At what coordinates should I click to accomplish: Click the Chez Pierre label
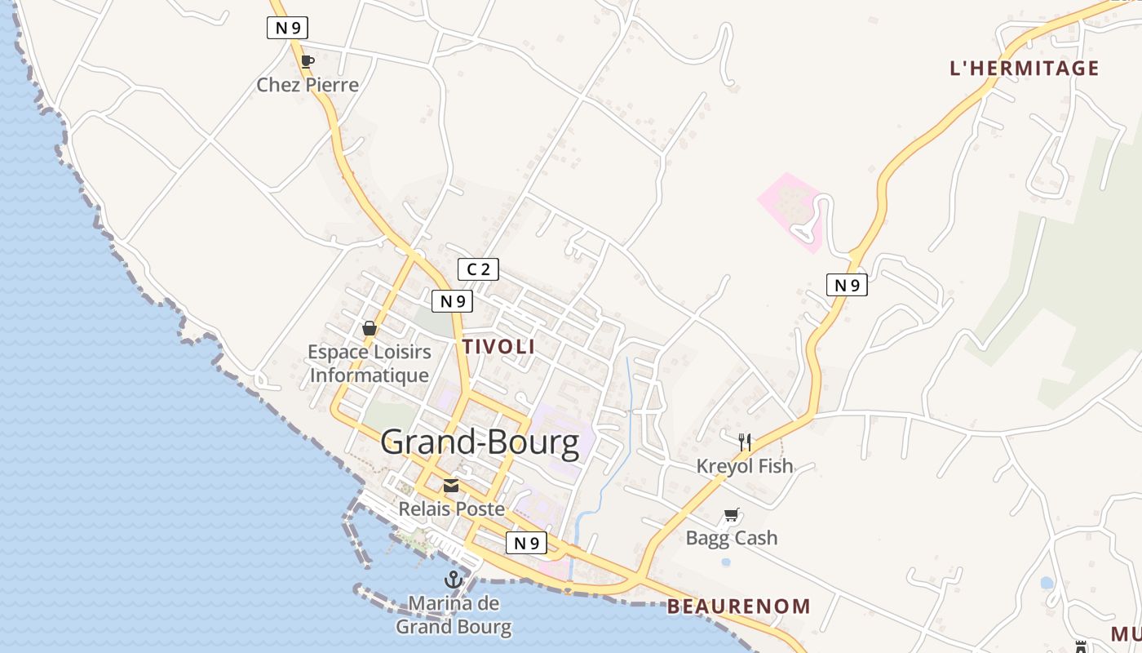click(x=308, y=85)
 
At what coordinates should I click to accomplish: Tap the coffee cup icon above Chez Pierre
click(x=307, y=61)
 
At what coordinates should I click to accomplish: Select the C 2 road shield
click(x=478, y=269)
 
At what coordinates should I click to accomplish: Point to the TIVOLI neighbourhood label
click(x=498, y=346)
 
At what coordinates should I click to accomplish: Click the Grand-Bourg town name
click(x=480, y=442)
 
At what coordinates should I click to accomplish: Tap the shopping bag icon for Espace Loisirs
click(x=370, y=328)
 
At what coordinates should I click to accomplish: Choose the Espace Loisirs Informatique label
click(x=370, y=364)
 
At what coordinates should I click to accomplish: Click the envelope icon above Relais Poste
click(x=450, y=486)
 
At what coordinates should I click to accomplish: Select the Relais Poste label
click(x=451, y=509)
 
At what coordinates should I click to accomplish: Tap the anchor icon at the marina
click(x=454, y=580)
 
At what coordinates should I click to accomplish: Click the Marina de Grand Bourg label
click(x=454, y=615)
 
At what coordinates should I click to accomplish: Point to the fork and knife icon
click(x=744, y=442)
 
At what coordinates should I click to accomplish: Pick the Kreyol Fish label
click(x=744, y=466)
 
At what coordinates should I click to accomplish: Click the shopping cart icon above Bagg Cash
click(x=731, y=515)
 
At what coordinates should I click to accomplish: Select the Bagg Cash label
click(x=731, y=538)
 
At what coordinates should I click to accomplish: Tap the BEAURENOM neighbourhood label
click(x=738, y=606)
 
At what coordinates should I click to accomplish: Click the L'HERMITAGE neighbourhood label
click(x=1025, y=69)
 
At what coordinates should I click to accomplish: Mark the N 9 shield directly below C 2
click(x=452, y=301)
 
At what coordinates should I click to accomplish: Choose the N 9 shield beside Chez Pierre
click(x=287, y=28)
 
